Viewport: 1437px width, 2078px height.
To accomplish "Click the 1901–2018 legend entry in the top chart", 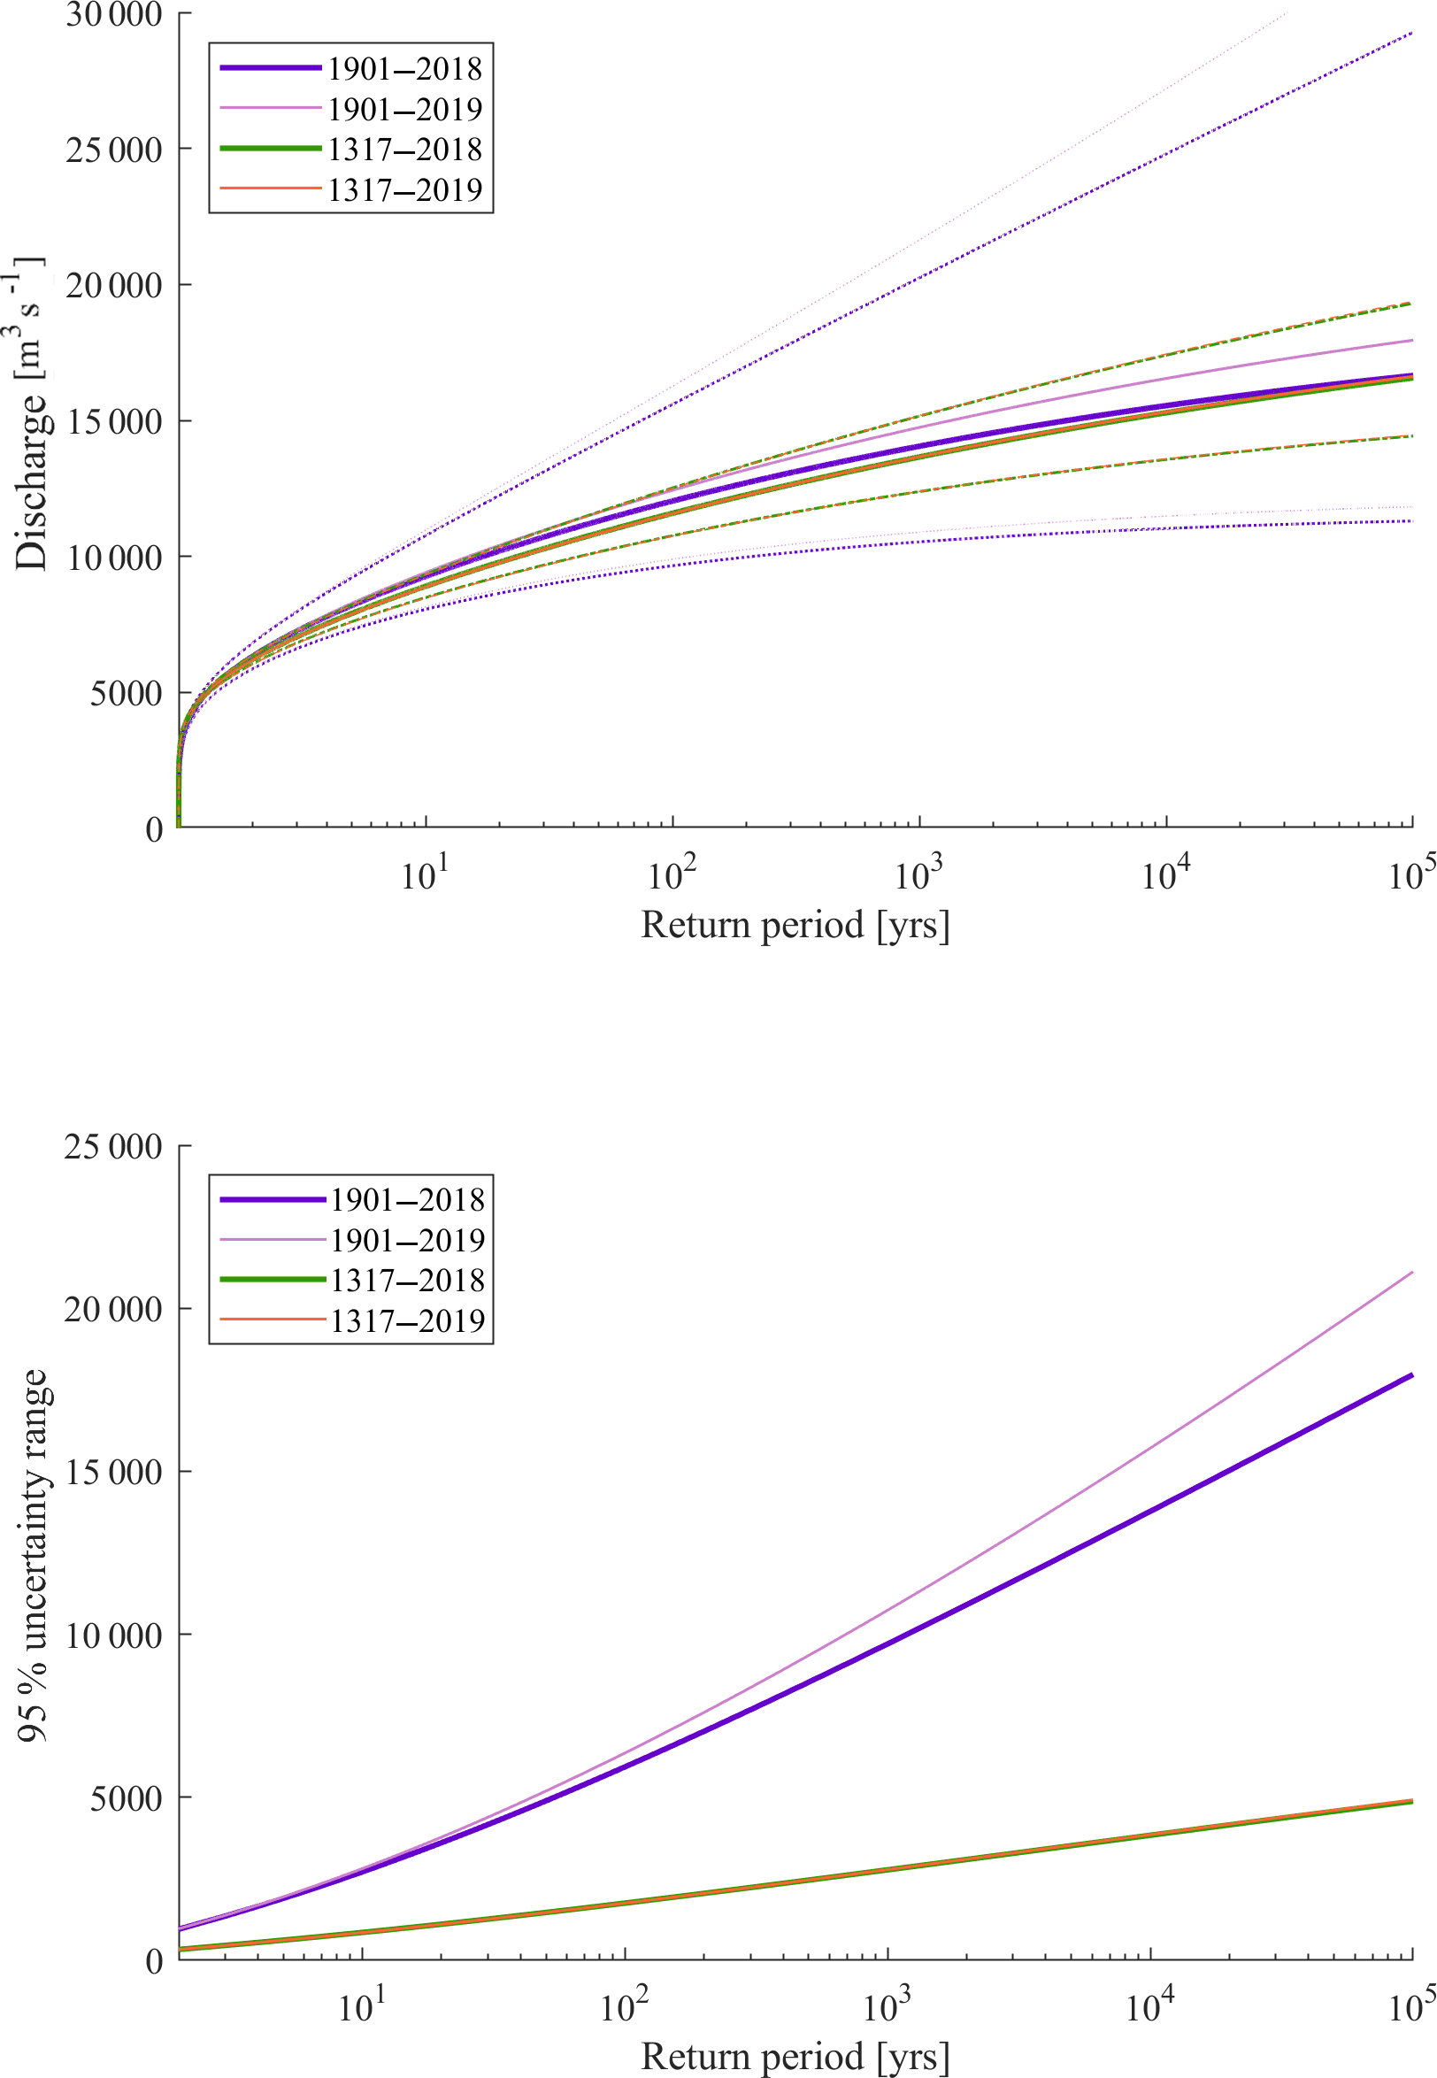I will tap(403, 68).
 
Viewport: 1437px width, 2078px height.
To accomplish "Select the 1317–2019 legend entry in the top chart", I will tap(403, 190).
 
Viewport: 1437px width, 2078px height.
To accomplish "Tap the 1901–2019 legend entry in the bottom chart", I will tap(406, 1240).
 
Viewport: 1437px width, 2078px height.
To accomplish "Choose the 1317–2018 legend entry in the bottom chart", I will tap(406, 1281).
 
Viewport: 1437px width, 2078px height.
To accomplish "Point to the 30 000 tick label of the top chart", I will tap(113, 14).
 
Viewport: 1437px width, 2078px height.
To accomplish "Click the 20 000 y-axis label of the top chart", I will tap(113, 285).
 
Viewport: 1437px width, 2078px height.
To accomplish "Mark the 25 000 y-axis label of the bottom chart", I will tap(112, 1146).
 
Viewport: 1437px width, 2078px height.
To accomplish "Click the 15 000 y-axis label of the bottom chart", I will tap(112, 1472).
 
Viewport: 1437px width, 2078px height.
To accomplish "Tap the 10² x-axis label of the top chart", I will tap(671, 873).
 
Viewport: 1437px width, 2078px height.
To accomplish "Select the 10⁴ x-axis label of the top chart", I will tap(1165, 873).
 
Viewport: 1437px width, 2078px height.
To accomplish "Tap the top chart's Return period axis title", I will tap(795, 925).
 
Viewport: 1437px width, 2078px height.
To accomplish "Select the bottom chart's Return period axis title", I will tap(795, 2057).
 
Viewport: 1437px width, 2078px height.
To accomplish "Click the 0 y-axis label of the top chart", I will tap(154, 828).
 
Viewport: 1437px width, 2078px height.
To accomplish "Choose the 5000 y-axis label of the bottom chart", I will tap(125, 1798).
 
